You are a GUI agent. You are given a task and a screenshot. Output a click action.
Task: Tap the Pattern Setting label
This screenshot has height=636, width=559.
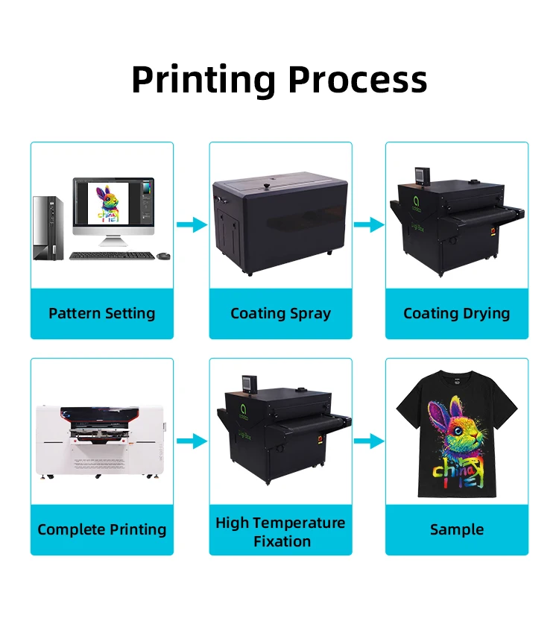[102, 313]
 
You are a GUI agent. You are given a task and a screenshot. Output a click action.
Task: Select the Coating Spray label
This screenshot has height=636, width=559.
[280, 313]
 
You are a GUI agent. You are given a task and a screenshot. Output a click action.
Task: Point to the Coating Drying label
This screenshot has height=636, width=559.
[456, 313]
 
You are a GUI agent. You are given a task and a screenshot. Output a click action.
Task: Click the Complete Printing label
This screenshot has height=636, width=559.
[102, 529]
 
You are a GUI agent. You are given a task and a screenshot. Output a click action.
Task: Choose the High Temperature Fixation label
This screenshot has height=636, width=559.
[280, 532]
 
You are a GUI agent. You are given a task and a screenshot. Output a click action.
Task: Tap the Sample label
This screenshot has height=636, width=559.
[456, 529]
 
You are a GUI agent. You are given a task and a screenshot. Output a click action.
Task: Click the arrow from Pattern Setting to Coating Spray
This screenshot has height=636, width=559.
[192, 224]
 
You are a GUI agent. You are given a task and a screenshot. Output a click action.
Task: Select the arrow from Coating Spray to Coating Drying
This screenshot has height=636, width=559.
[368, 224]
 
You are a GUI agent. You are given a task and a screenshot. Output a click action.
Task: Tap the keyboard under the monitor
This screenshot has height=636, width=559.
[112, 256]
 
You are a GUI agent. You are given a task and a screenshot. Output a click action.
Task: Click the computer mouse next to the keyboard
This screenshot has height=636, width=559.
[163, 256]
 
